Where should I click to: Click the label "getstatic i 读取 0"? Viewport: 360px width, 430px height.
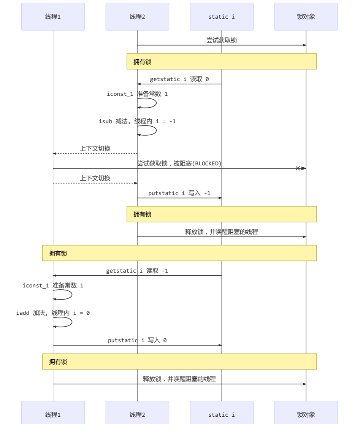point(179,79)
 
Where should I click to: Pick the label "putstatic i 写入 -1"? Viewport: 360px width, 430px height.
point(179,193)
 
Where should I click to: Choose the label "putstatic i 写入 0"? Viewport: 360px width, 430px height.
point(137,340)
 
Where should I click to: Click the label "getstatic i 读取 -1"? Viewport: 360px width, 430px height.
point(137,271)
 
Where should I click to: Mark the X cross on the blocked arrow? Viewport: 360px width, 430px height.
point(298,168)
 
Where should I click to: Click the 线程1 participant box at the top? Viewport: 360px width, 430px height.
point(53,17)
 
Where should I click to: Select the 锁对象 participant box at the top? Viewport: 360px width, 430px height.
point(306,17)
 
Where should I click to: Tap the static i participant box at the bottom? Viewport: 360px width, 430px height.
point(222,414)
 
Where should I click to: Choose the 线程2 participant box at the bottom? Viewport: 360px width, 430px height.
point(137,414)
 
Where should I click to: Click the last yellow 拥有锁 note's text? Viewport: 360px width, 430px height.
point(58,362)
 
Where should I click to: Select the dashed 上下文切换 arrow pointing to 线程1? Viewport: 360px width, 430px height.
point(95,154)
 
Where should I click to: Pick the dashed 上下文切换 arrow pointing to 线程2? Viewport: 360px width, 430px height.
point(95,183)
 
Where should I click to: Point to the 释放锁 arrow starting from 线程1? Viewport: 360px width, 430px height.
point(179,384)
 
